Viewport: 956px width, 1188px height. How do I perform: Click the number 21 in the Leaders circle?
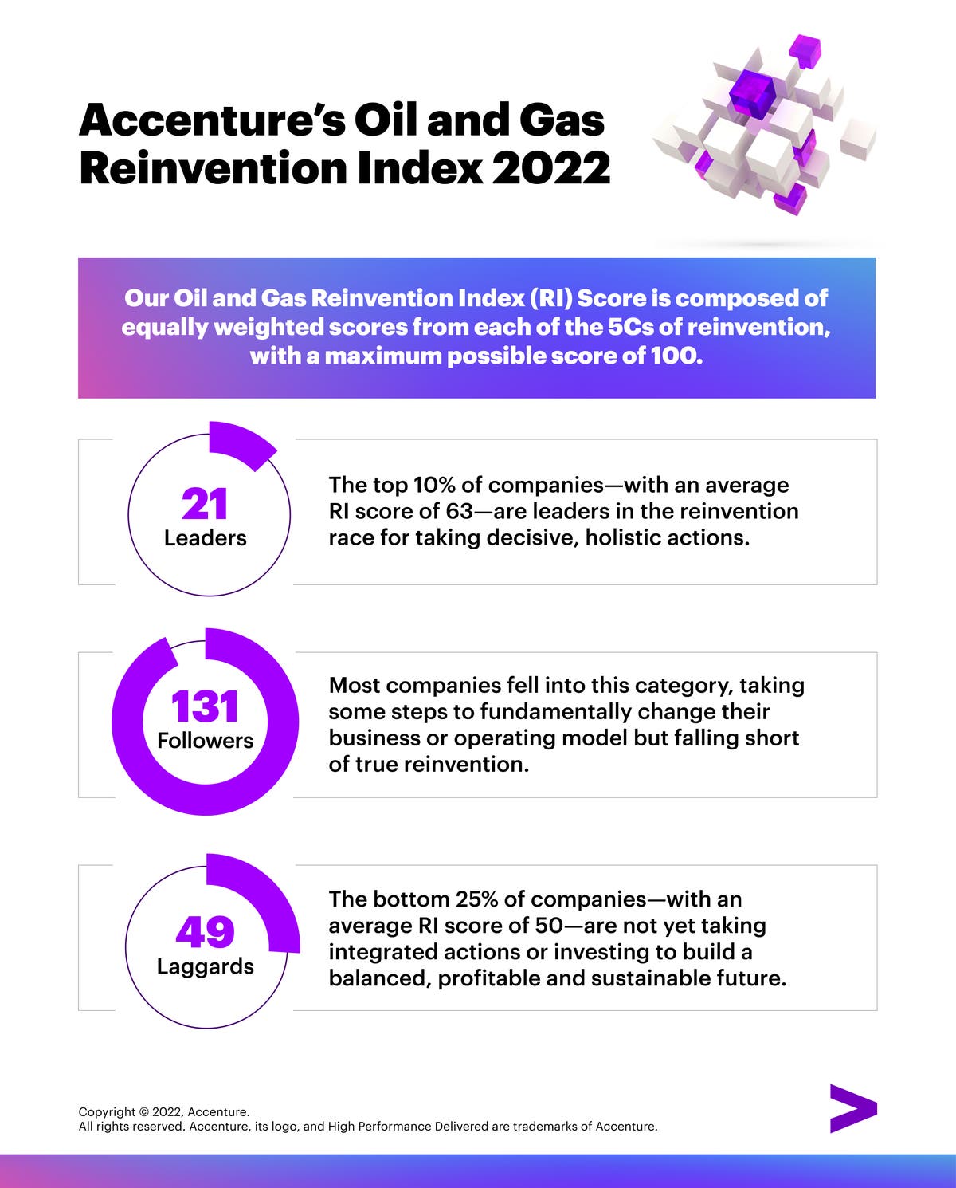coord(205,504)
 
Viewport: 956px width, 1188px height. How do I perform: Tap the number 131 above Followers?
coord(205,707)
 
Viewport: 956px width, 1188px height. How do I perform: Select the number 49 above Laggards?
coord(205,931)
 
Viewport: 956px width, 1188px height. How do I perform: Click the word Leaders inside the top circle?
coord(205,538)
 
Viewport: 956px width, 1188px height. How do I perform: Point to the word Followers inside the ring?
coord(205,741)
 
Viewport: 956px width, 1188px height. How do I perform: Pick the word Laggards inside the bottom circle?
coord(205,966)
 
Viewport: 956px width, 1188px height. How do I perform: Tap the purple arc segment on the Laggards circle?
coord(267,897)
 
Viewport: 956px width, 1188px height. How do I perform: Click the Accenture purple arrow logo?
coord(852,1108)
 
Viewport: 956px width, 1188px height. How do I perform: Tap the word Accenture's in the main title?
coord(212,120)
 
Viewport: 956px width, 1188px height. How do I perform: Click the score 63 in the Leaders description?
coord(459,511)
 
